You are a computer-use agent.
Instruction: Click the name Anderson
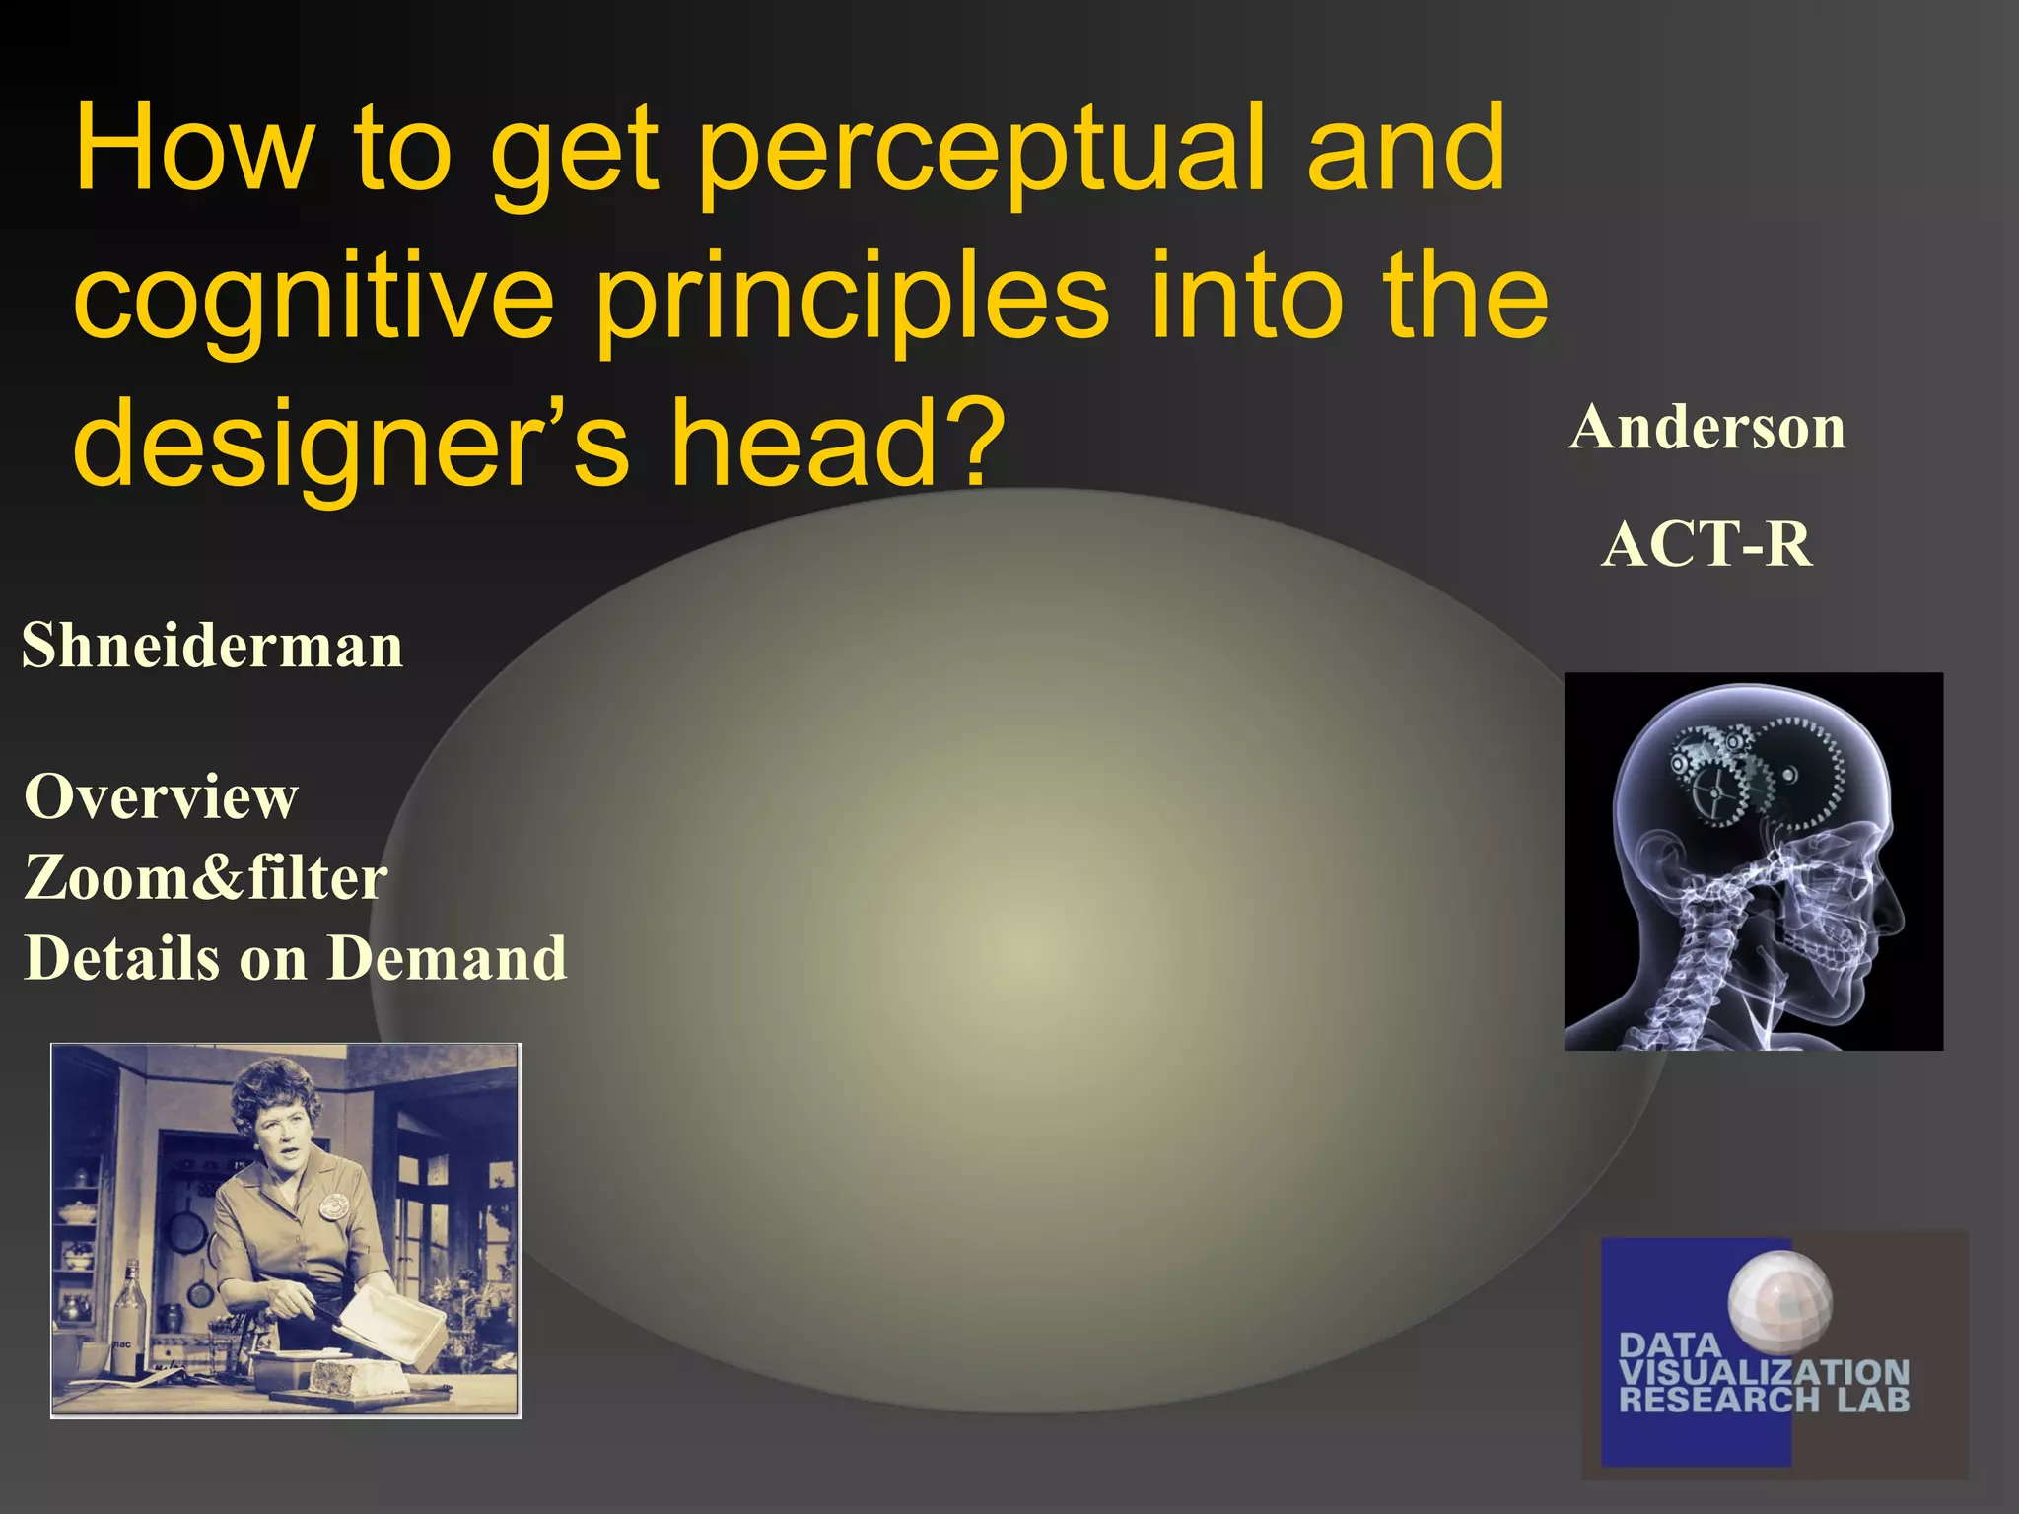point(1706,429)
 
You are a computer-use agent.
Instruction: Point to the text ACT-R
point(1706,544)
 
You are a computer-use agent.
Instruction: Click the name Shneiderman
point(212,647)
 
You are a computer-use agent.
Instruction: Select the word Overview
point(161,796)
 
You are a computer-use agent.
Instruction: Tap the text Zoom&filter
point(205,877)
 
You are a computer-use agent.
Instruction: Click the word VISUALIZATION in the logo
point(1764,1372)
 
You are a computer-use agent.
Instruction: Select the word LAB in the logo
point(1872,1400)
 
